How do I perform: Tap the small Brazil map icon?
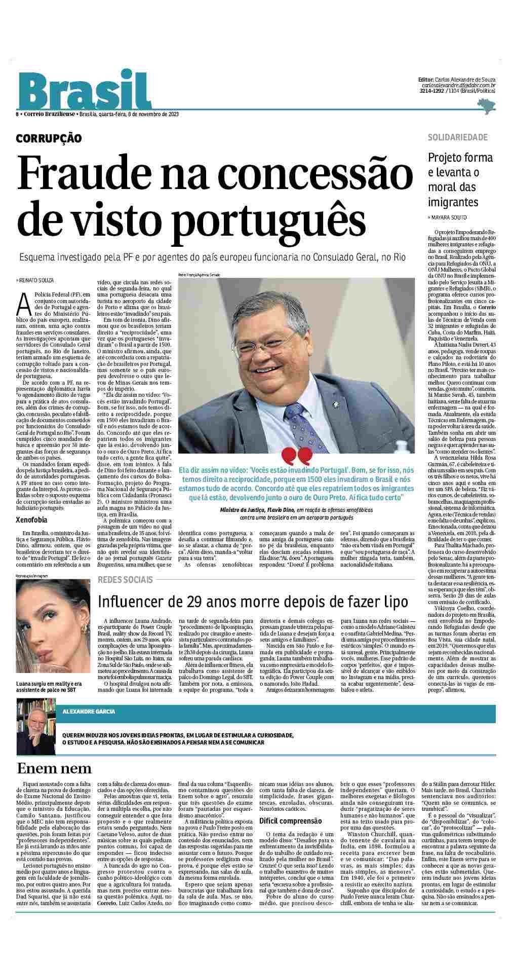(x=486, y=105)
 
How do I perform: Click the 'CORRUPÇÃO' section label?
(x=49, y=138)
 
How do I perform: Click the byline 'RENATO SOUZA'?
(x=36, y=280)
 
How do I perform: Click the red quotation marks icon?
(x=296, y=457)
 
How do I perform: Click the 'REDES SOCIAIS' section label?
(x=125, y=579)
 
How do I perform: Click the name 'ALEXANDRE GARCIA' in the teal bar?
(x=89, y=712)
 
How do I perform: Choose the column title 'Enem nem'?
(x=54, y=768)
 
